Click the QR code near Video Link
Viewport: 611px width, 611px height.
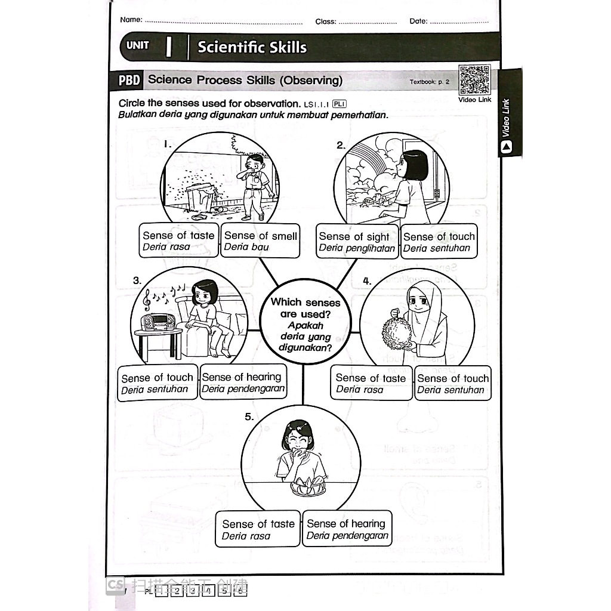tap(475, 80)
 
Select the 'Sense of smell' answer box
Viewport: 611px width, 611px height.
tap(260, 241)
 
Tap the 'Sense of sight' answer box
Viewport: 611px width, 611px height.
tap(356, 242)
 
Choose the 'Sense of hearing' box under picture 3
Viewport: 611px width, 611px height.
tap(242, 383)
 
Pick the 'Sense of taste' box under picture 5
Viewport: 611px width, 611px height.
tap(258, 529)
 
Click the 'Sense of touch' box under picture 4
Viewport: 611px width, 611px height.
tap(452, 384)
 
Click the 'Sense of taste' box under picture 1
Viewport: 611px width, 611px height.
tap(178, 241)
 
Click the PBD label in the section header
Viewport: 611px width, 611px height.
tap(129, 80)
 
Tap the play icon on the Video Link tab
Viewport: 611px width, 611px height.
tap(507, 147)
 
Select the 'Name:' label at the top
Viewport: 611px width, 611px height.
tap(131, 20)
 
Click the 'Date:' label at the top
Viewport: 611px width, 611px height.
tap(418, 21)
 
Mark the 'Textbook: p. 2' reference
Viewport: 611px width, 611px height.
tap(429, 82)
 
